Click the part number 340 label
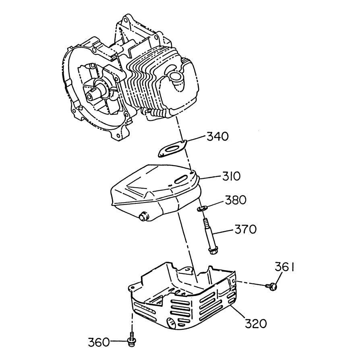pos(217,137)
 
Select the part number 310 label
pos(231,176)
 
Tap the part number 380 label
pos(236,200)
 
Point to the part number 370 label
pos(246,230)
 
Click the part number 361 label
pos(284,267)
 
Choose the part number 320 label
pos(255,323)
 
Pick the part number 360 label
pos(99,343)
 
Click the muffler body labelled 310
pos(153,189)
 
